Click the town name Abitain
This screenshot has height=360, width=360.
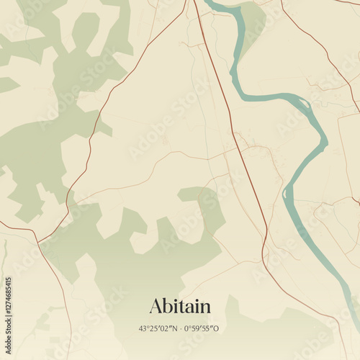pos(180,306)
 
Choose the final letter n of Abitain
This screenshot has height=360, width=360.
pos(205,308)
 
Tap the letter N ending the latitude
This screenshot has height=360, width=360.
pos(174,329)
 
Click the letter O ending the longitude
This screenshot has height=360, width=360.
pos(217,329)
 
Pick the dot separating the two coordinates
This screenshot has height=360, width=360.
pos(180,329)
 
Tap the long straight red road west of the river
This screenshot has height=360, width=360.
pos(230,115)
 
